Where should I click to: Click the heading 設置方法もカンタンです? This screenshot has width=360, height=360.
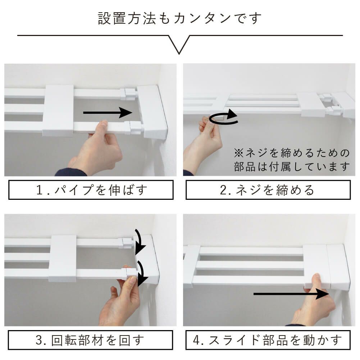tap(180, 18)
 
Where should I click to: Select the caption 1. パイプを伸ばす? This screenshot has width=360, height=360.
tap(91, 190)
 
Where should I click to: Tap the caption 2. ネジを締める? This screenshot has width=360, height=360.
tap(268, 190)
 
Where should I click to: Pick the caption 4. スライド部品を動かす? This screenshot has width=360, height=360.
tap(268, 340)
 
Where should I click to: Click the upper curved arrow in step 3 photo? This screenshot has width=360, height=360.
tap(140, 241)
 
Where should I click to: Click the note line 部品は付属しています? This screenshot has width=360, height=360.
tap(292, 167)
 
